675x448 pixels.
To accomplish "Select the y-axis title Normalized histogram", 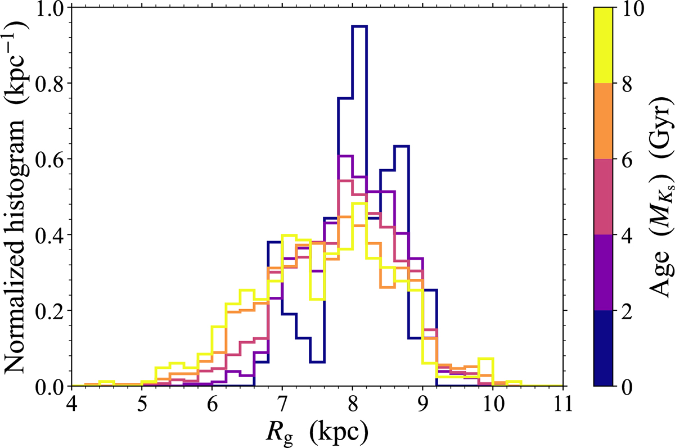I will (17, 197).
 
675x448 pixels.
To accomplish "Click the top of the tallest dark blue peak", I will (359, 26).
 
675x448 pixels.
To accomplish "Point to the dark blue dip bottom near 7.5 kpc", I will (317, 361).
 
